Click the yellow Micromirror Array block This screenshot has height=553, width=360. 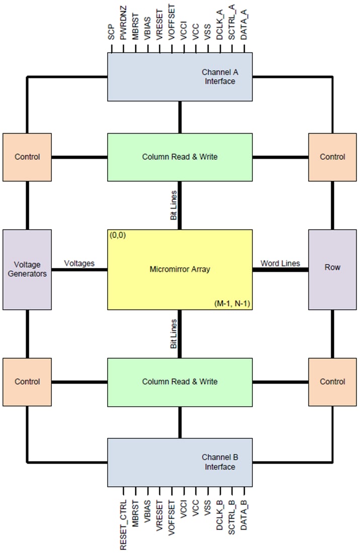tap(179, 269)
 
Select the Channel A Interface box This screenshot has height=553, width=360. tap(179, 77)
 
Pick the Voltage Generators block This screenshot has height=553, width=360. tap(27, 269)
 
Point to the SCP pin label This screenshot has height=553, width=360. tap(111, 33)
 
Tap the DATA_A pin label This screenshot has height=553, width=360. tap(244, 28)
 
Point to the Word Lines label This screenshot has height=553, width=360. tap(280, 263)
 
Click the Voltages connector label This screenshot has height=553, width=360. tap(79, 263)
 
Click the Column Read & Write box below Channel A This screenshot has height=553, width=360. tap(179, 157)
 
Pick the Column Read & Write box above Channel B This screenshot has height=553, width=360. tap(179, 382)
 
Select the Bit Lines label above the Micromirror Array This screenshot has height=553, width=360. tap(173, 206)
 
